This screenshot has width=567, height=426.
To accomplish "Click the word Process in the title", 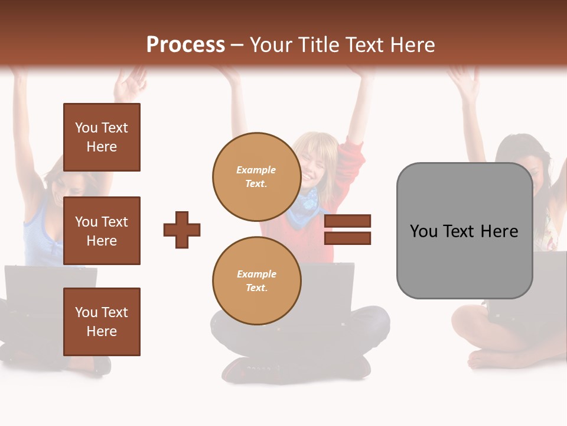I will tap(185, 45).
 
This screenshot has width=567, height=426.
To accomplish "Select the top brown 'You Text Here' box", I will tap(102, 137).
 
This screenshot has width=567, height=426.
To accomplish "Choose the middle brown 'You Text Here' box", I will tap(102, 231).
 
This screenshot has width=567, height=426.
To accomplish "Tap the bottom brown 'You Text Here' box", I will tap(102, 321).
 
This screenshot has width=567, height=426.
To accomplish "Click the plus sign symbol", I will tap(182, 230).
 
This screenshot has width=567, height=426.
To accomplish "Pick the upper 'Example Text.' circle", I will tap(256, 176).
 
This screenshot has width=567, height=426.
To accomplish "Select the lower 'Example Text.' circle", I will tap(256, 280).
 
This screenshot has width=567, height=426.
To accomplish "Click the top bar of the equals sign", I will tap(348, 221).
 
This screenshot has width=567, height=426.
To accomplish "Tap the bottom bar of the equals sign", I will tap(348, 238).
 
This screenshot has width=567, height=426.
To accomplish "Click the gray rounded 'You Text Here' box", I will tap(464, 231).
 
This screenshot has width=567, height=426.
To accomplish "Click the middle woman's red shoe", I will tap(242, 370).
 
